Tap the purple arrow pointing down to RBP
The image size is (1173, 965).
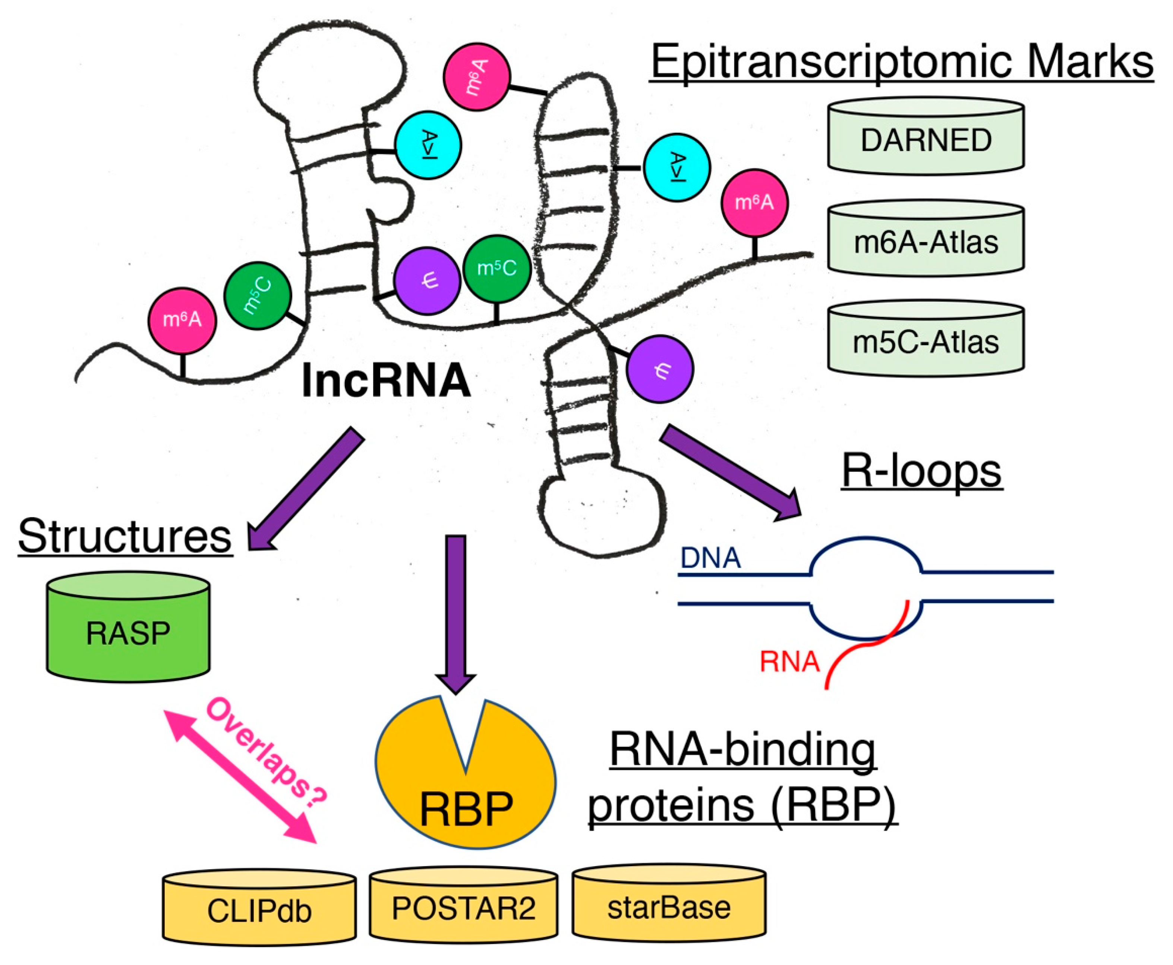455,612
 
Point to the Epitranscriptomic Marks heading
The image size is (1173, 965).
901,62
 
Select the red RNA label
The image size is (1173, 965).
789,661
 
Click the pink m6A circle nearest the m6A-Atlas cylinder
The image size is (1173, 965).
754,203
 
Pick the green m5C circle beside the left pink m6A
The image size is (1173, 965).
257,296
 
